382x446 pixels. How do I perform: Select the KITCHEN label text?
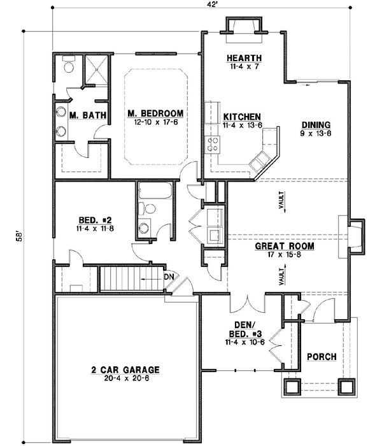click(x=241, y=117)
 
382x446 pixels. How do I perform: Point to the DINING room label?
click(x=316, y=126)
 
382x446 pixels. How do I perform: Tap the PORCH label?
click(x=322, y=356)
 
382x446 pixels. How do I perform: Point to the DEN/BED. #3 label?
click(x=244, y=329)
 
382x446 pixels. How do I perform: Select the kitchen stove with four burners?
click(x=211, y=145)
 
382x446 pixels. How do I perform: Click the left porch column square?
click(x=293, y=386)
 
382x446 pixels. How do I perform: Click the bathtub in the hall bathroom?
click(x=153, y=191)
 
